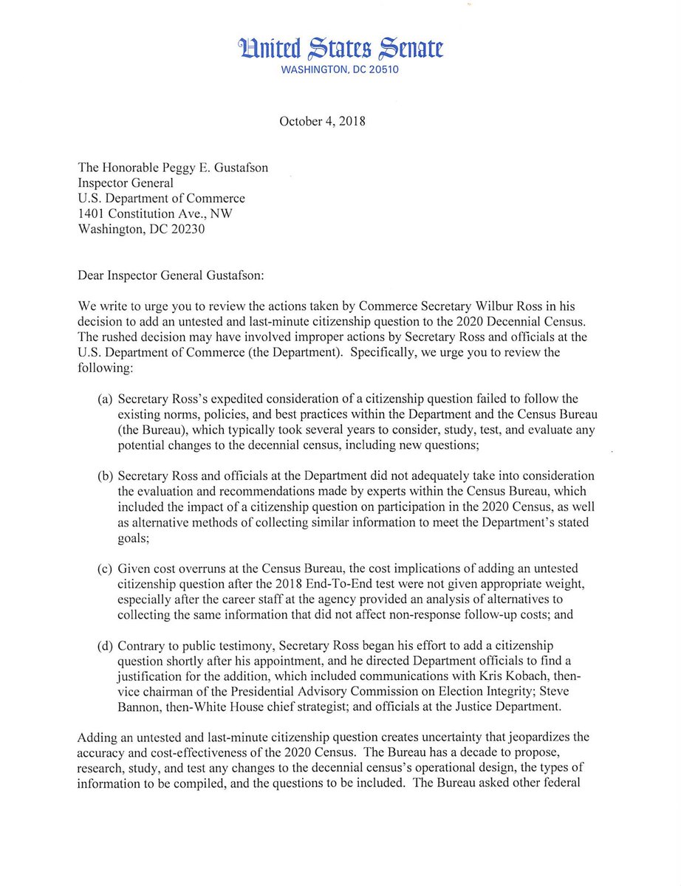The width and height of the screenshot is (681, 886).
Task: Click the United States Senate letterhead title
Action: coord(340,49)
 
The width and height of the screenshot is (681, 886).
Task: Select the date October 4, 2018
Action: coord(323,121)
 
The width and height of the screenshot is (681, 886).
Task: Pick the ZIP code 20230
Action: coord(185,230)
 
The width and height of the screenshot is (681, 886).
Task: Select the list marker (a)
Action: coord(106,399)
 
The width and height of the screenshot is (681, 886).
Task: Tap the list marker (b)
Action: coord(106,475)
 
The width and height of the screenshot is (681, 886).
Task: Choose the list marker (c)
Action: coord(106,569)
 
